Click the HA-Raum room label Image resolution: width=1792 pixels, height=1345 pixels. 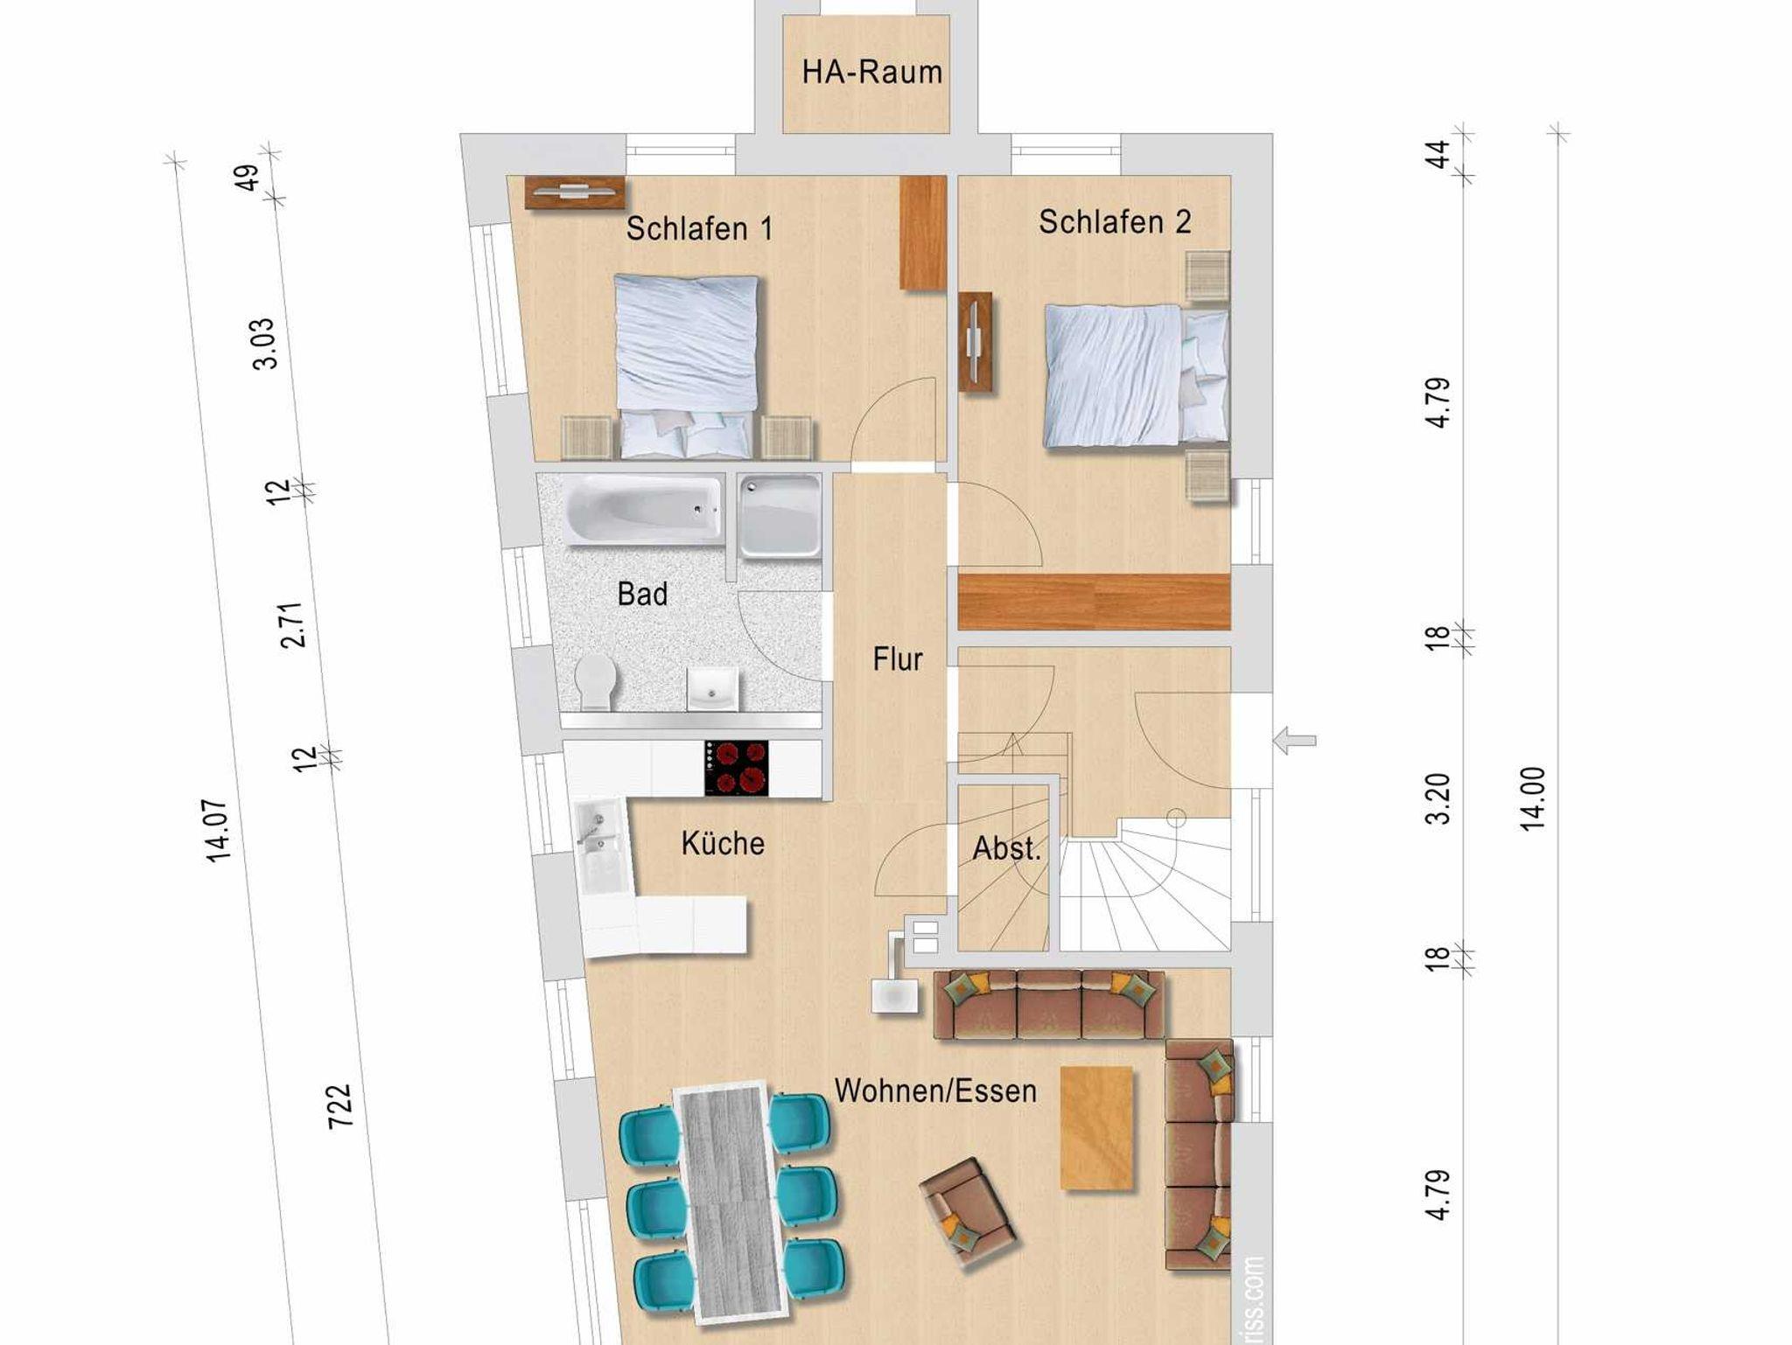click(872, 72)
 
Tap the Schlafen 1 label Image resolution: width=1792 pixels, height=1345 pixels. click(700, 229)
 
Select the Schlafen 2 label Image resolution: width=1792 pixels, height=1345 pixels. click(1115, 222)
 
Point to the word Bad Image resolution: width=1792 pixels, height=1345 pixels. click(642, 595)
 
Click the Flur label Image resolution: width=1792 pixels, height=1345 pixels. click(898, 659)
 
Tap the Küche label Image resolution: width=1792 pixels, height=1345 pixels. click(723, 843)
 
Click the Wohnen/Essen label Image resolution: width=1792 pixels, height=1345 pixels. click(935, 1091)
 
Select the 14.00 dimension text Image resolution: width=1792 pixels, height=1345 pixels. click(1533, 798)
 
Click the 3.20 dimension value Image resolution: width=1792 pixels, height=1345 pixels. click(1438, 798)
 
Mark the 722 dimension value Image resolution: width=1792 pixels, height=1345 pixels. click(339, 1106)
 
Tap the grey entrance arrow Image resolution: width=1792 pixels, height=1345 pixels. click(1294, 741)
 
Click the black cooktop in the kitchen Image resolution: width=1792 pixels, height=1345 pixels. click(737, 768)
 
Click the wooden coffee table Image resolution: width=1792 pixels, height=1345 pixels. click(1096, 1128)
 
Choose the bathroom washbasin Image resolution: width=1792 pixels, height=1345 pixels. click(711, 689)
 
